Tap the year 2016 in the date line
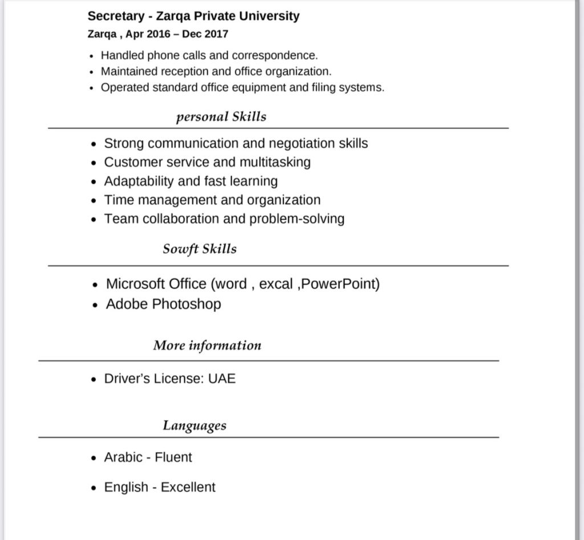(x=159, y=34)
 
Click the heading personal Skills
(x=221, y=117)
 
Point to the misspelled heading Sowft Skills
(x=199, y=249)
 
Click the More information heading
(x=207, y=346)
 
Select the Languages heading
(x=194, y=425)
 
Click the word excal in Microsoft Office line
(x=276, y=284)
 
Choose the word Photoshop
(x=186, y=304)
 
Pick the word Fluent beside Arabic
(x=173, y=457)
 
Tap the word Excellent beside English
(x=188, y=488)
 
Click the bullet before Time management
(x=95, y=201)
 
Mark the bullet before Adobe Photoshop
(x=96, y=304)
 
